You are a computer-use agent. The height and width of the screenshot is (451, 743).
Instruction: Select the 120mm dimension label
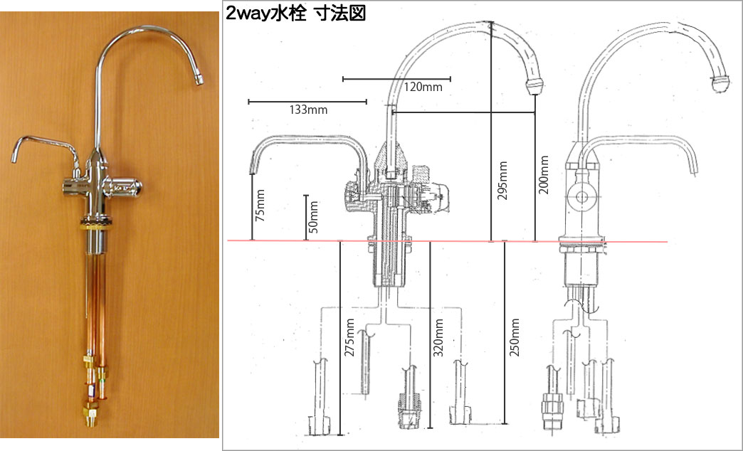point(423,87)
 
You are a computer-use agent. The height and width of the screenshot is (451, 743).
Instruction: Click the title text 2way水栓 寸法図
point(295,14)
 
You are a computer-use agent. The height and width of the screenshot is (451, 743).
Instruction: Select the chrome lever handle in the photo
point(124,188)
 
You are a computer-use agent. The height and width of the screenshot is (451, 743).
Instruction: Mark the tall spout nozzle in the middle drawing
point(534,87)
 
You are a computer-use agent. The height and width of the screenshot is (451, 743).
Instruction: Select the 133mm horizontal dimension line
point(307,102)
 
